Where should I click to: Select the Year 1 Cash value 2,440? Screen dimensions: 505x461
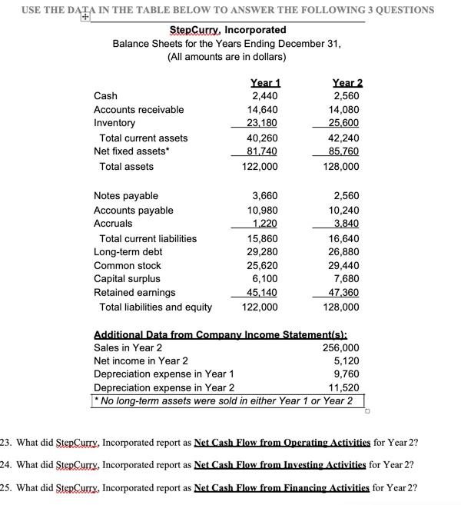tap(264, 96)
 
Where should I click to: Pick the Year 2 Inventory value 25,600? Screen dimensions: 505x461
tap(344, 123)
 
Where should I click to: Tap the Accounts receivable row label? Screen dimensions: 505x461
tap(138, 110)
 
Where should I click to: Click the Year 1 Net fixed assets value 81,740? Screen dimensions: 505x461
tap(261, 152)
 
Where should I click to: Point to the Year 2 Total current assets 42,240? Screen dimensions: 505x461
tap(344, 138)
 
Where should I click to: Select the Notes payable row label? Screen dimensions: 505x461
tap(125, 196)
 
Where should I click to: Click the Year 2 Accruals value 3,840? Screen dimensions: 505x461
tap(347, 224)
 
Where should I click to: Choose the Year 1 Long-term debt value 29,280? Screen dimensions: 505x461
tap(261, 252)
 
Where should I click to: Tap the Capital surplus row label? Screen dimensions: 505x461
tap(127, 279)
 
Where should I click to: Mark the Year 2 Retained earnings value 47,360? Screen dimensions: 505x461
tap(344, 293)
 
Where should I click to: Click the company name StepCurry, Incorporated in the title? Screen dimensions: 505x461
tap(227, 30)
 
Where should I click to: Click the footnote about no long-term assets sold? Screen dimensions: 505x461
tap(225, 401)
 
